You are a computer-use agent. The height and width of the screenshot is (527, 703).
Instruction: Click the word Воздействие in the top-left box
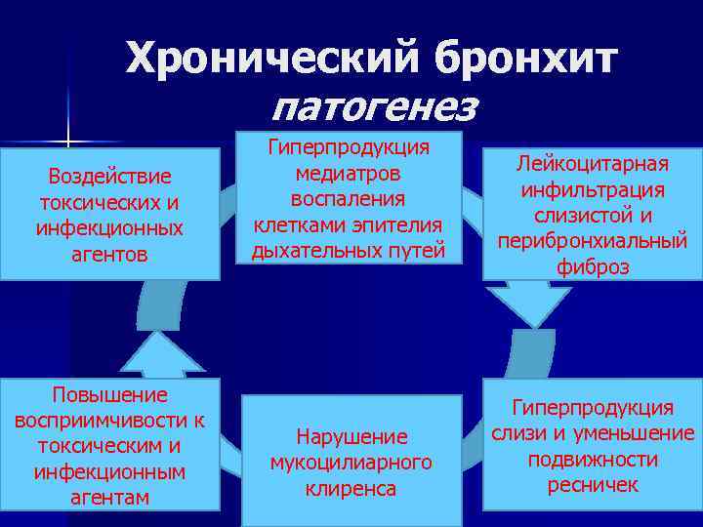click(109, 177)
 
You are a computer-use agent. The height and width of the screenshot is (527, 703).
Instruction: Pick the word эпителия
click(395, 225)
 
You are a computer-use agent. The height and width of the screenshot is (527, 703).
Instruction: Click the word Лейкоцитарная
click(594, 164)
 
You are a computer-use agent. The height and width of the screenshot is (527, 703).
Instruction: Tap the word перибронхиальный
click(594, 240)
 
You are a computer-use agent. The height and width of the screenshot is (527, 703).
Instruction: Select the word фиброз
click(594, 265)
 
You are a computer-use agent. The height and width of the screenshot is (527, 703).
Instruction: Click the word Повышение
click(109, 394)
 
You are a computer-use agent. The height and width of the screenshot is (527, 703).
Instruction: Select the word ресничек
click(593, 484)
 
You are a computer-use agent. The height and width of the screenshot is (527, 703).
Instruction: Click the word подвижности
click(593, 459)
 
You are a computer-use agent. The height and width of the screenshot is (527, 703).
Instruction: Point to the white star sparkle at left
click(68, 135)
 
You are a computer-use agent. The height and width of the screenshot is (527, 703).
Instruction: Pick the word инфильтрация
click(594, 189)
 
